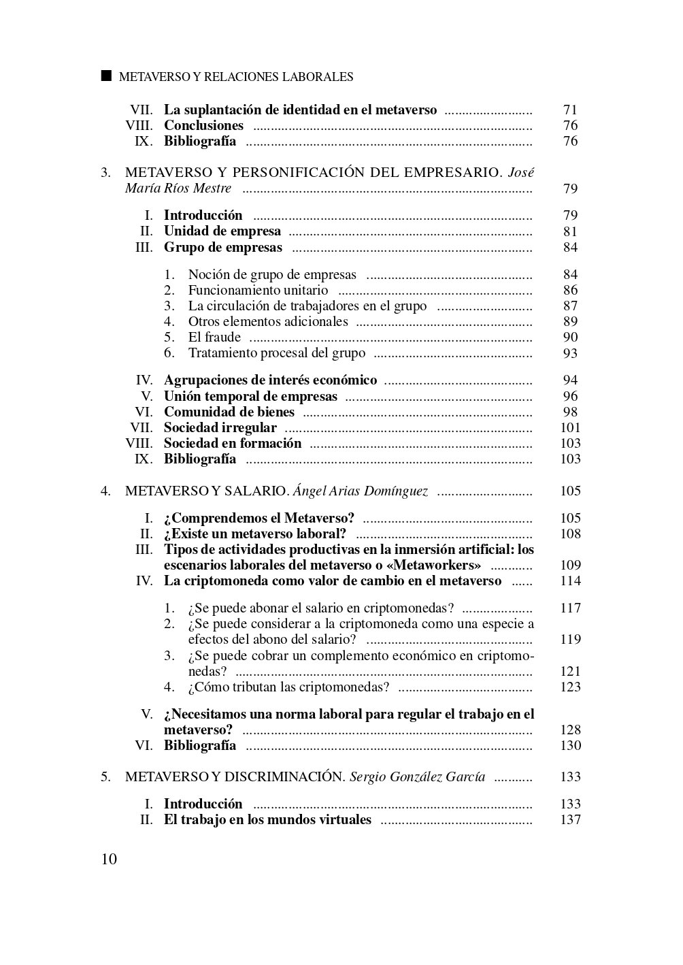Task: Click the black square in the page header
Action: pos(105,76)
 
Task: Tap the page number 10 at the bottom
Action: pos(109,859)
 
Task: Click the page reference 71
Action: pos(570,110)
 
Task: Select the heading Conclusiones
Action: pos(203,125)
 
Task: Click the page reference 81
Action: pos(570,231)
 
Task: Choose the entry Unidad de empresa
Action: pos(222,231)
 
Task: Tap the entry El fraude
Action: pos(214,337)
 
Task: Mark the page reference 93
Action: pos(570,353)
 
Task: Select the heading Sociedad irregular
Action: pos(220,427)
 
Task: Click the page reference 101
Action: pos(570,427)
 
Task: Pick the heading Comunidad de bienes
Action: pos(229,412)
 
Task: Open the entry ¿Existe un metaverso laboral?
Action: pos(255,534)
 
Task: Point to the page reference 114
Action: pos(570,580)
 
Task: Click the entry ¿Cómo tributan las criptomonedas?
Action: pos(288,687)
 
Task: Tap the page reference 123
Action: pos(570,687)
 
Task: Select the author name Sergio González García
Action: pos(417,776)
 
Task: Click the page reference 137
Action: pos(570,819)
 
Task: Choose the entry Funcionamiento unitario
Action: pos(258,290)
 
